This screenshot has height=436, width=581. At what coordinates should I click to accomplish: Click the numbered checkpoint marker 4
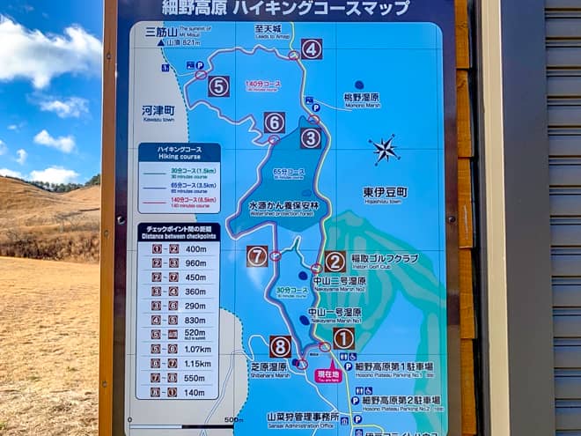(x=312, y=49)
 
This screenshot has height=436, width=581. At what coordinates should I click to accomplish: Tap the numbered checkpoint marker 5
(x=219, y=86)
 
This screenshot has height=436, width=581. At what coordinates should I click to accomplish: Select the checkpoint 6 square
(x=275, y=122)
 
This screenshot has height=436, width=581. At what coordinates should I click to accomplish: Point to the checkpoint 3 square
(x=311, y=138)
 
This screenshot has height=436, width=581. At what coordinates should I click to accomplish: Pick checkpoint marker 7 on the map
(x=257, y=256)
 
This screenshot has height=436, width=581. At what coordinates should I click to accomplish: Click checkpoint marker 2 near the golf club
(x=335, y=262)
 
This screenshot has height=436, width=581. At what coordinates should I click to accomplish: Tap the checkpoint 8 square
(x=281, y=346)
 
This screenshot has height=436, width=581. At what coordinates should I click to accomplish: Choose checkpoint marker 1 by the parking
(x=343, y=338)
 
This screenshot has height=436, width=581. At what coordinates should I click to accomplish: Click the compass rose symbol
(x=384, y=150)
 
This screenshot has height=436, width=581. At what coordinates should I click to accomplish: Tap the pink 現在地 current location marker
(x=327, y=375)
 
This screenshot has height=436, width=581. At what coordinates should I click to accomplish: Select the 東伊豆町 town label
(x=385, y=191)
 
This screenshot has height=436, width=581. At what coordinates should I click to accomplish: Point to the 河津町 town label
(x=158, y=110)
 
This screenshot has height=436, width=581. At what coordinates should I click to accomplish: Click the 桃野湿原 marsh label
(x=360, y=97)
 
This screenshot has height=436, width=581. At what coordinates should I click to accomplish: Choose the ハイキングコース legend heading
(x=179, y=151)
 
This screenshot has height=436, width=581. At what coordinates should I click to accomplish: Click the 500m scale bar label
(x=232, y=420)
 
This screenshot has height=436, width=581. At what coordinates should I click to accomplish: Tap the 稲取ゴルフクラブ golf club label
(x=385, y=259)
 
